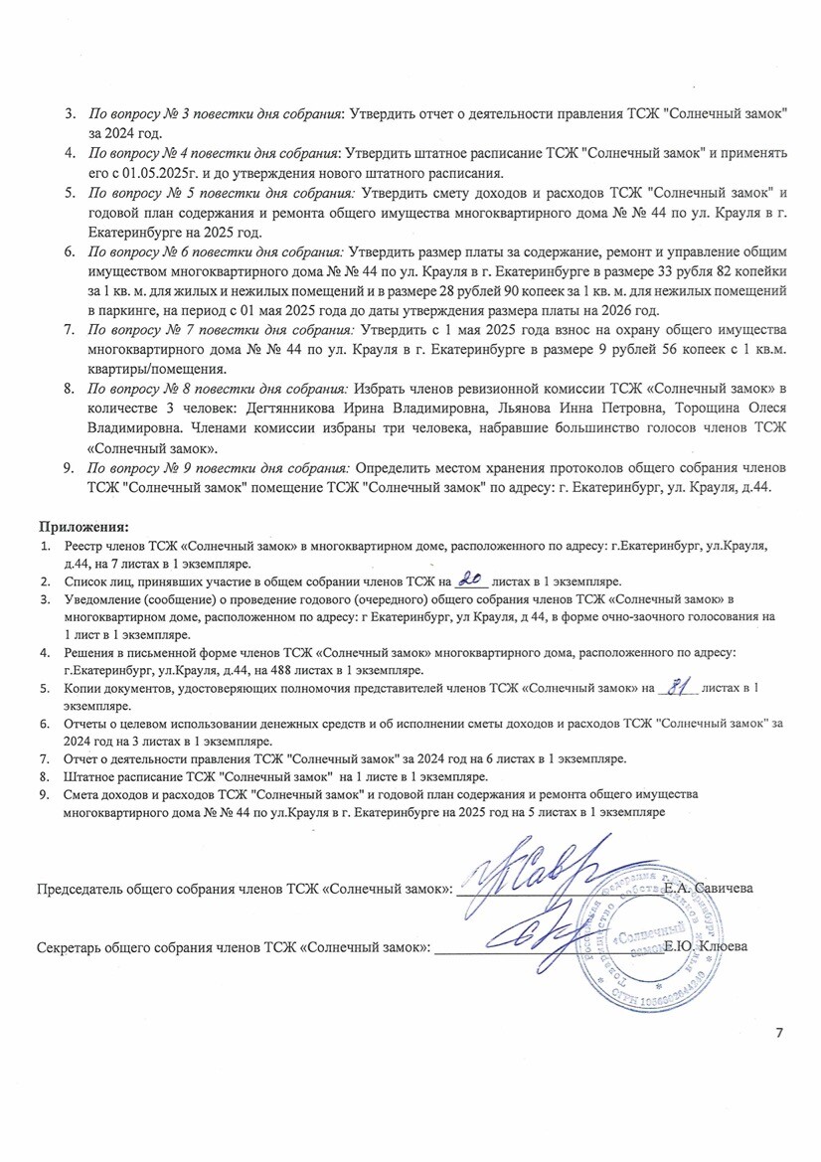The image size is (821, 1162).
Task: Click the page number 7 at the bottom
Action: (778, 1032)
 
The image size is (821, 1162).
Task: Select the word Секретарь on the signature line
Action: (76, 948)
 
